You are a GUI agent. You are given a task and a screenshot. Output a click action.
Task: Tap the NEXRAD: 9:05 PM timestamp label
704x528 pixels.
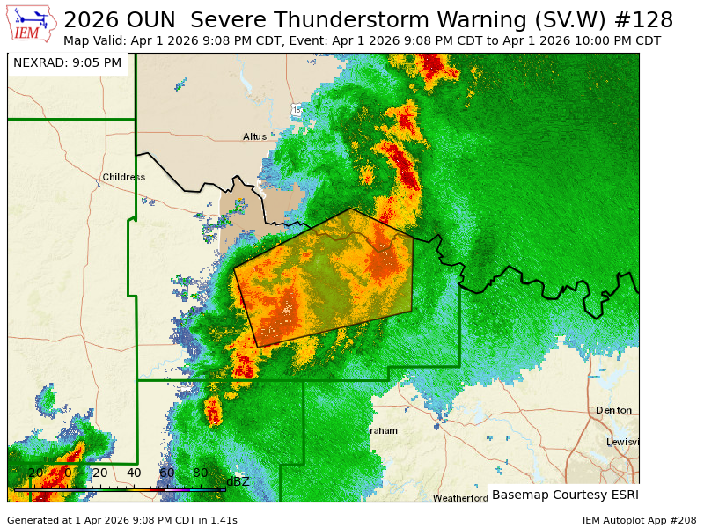pyautogui.click(x=68, y=63)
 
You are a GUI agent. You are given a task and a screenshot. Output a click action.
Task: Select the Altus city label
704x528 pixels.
pyautogui.click(x=254, y=136)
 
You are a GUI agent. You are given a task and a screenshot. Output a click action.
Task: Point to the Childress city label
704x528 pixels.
pyautogui.click(x=123, y=177)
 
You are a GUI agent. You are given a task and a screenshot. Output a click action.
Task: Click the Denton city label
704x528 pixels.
pyautogui.click(x=613, y=411)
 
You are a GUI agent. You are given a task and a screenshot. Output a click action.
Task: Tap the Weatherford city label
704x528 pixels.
pyautogui.click(x=460, y=498)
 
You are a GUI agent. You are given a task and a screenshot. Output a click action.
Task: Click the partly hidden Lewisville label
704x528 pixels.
pyautogui.click(x=622, y=442)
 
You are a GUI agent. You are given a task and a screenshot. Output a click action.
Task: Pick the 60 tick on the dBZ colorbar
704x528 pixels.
pyautogui.click(x=167, y=473)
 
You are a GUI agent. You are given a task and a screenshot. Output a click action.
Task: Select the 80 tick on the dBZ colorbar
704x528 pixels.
pyautogui.click(x=201, y=473)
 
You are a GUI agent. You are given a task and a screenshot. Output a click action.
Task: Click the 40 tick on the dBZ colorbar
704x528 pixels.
pyautogui.click(x=134, y=473)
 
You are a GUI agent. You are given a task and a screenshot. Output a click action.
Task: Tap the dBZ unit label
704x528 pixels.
pyautogui.click(x=238, y=481)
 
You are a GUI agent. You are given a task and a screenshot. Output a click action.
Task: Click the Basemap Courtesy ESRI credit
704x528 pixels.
pyautogui.click(x=565, y=495)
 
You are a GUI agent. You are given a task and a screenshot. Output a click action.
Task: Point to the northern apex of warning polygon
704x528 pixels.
pyautogui.click(x=350, y=209)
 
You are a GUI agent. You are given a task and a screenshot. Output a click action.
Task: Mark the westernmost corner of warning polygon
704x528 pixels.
pyautogui.click(x=234, y=268)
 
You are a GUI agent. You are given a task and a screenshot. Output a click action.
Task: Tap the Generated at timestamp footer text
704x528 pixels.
pyautogui.click(x=122, y=520)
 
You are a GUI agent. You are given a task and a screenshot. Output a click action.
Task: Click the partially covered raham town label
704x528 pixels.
pyautogui.click(x=384, y=430)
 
